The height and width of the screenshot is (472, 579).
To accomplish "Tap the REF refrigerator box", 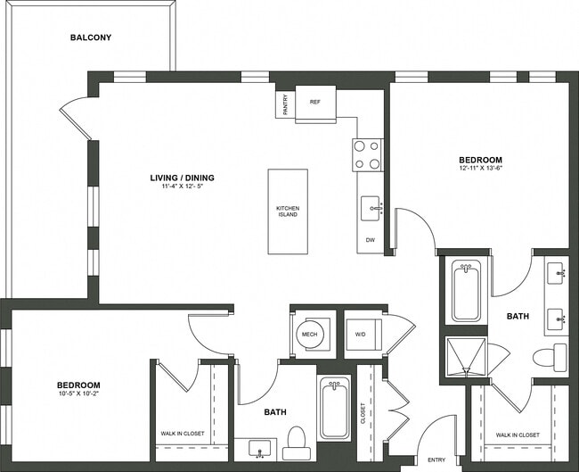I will pyautogui.click(x=314, y=102).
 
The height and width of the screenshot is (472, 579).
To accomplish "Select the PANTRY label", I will pyautogui.click(x=285, y=105).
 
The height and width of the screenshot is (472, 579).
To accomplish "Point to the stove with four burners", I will pyautogui.click(x=368, y=154).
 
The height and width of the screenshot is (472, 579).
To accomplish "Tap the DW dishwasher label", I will pyautogui.click(x=370, y=240).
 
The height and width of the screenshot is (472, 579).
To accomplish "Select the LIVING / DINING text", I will pyautogui.click(x=182, y=178).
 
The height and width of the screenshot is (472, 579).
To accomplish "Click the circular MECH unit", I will pyautogui.click(x=310, y=335).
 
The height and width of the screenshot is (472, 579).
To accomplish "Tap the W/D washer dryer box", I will pyautogui.click(x=361, y=335).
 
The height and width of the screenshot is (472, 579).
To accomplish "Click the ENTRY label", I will pyautogui.click(x=436, y=460).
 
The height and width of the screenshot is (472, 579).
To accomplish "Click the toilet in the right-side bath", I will pyautogui.click(x=550, y=357).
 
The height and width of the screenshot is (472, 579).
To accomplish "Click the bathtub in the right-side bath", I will pyautogui.click(x=466, y=290).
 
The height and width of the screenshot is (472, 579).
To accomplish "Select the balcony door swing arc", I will pyautogui.click(x=76, y=121).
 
